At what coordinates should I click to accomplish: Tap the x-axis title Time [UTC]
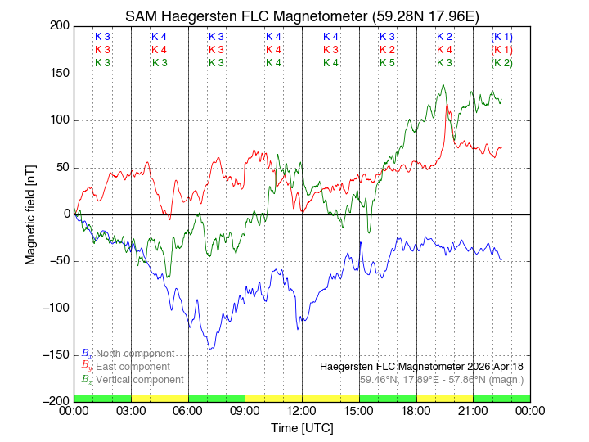click(x=302, y=428)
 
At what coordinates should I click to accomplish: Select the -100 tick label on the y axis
click(x=53, y=309)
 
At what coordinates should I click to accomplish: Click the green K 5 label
click(x=388, y=63)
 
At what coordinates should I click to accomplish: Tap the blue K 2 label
click(x=444, y=37)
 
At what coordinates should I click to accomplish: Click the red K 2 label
click(x=388, y=50)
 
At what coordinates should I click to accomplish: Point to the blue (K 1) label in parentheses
click(x=501, y=37)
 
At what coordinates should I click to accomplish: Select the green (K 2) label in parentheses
click(x=501, y=63)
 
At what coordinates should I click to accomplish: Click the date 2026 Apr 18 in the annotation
click(x=491, y=366)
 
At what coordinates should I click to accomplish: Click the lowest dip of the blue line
click(x=210, y=350)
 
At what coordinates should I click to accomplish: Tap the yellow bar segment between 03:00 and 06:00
click(x=160, y=398)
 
